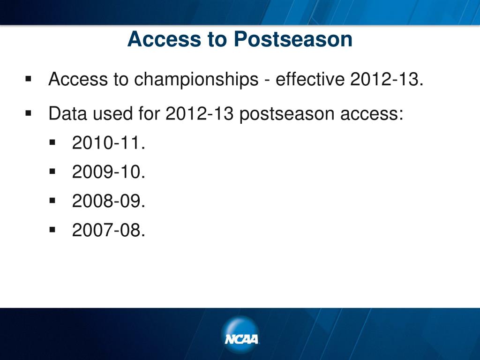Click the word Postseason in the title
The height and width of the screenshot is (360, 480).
(x=293, y=39)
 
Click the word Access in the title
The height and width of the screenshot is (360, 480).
(x=164, y=39)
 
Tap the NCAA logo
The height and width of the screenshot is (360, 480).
(x=240, y=335)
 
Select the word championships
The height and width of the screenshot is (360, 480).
(x=196, y=79)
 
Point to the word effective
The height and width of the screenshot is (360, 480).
(x=310, y=79)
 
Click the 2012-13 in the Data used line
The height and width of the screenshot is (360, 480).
(x=199, y=113)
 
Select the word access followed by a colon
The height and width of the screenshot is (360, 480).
(x=372, y=114)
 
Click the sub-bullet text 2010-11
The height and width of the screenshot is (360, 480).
(x=108, y=142)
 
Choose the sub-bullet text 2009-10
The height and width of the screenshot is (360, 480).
(x=108, y=172)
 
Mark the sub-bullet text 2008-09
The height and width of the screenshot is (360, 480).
(x=108, y=201)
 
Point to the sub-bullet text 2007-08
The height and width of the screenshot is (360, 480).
(x=108, y=230)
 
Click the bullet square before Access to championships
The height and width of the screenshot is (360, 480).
(x=29, y=79)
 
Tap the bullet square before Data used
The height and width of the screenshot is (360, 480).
(x=29, y=113)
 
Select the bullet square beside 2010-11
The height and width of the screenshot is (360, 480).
(x=52, y=142)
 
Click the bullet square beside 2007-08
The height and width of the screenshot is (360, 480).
(x=52, y=230)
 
